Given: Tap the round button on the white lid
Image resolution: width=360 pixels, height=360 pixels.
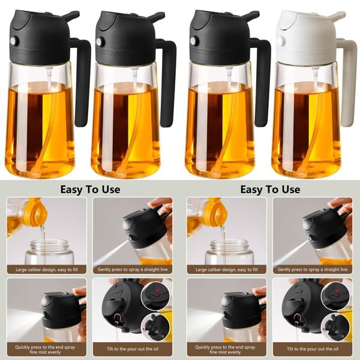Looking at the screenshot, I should tap(280, 41).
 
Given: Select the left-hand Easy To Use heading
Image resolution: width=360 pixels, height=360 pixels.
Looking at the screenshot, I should tap(90, 190).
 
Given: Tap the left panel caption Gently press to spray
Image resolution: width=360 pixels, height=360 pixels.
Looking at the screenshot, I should tap(133, 270).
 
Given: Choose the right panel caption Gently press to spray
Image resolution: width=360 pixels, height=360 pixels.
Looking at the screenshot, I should tap(313, 270).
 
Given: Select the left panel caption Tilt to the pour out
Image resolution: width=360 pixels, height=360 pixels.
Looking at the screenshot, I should tap(133, 348).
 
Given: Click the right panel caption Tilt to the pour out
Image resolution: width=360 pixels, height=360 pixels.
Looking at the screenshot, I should tap(313, 348).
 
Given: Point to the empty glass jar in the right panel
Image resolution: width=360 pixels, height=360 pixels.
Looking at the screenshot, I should tap(226, 252).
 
